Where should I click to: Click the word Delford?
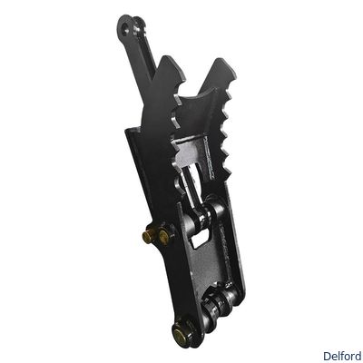pos(342,356)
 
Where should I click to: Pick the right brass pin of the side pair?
pos(163,238)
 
